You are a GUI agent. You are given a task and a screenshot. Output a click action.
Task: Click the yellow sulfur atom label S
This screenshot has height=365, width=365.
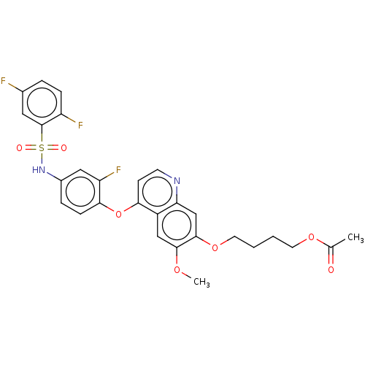pyautogui.click(x=42, y=148)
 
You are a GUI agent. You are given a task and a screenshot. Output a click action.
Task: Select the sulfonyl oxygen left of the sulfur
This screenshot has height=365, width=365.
pyautogui.click(x=20, y=148)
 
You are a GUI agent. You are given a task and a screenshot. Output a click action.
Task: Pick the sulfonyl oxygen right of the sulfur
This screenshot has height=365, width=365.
pyautogui.click(x=64, y=148)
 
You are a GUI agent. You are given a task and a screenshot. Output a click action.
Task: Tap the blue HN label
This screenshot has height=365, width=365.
pyautogui.click(x=39, y=170)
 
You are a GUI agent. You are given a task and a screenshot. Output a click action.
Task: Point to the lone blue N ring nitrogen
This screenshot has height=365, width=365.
pyautogui.click(x=177, y=181)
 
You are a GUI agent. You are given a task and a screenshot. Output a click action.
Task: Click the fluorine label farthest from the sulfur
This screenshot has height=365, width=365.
pyautogui.click(x=4, y=81)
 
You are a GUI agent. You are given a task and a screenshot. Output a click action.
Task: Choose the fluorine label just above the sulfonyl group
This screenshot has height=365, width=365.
pyautogui.click(x=80, y=126)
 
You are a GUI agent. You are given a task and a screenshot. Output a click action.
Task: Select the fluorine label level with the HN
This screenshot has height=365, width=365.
pyautogui.click(x=118, y=170)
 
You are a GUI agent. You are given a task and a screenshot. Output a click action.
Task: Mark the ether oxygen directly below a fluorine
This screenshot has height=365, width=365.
pyautogui.click(x=118, y=215)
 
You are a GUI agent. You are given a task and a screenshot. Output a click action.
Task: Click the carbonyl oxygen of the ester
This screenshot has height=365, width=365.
pyautogui.click(x=331, y=270)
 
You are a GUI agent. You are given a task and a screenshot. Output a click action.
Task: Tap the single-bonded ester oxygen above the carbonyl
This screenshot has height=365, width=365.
pyautogui.click(x=311, y=237)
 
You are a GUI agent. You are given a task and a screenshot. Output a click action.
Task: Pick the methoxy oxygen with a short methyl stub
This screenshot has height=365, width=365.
pyautogui.click(x=177, y=270)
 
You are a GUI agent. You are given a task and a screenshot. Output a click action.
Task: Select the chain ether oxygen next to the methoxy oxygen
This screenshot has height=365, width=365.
pyautogui.click(x=215, y=248)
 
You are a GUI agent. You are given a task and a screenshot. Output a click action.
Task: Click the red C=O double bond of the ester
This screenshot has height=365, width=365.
pyautogui.click(x=331, y=258)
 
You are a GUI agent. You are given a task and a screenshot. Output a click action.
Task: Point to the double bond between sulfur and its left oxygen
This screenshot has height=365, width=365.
pyautogui.click(x=31, y=148)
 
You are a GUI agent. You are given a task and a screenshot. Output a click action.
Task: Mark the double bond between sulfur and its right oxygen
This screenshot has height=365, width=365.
pyautogui.click(x=53, y=148)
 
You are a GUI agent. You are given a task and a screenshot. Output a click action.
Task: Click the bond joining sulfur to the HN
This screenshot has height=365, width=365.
pyautogui.click(x=42, y=159)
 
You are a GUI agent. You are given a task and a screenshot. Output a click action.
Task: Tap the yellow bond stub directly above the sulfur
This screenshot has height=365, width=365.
pyautogui.click(x=42, y=137)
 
